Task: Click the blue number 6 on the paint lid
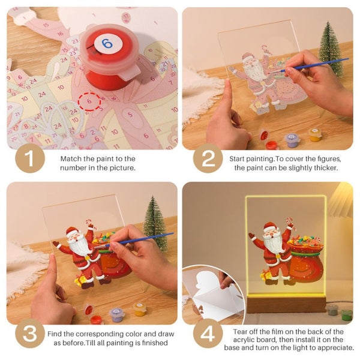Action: [107, 43]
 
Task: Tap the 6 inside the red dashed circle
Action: [89, 101]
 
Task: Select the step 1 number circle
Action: [30, 158]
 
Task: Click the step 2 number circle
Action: [208, 158]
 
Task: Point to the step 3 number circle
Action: [30, 333]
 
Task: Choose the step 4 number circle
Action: [208, 333]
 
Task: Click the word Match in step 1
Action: [71, 158]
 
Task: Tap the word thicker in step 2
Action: [326, 168]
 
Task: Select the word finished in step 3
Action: [155, 343]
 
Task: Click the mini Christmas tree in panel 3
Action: [155, 223]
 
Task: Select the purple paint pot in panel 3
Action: [117, 315]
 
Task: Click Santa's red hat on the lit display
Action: [271, 226]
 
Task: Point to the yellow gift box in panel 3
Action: [80, 280]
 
